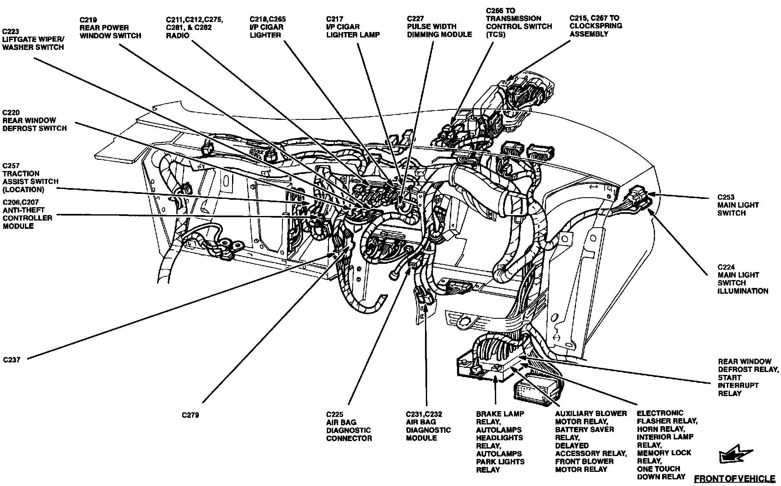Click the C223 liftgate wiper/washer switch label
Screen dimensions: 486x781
(33, 40)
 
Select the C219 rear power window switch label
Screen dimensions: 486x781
(110, 27)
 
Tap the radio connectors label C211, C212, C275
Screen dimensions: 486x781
(194, 27)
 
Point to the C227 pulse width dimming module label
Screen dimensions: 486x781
(439, 27)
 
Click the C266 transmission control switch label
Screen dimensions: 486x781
(519, 22)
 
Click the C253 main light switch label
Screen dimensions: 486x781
(738, 205)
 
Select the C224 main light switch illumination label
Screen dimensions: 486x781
(742, 279)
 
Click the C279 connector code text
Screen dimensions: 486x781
(190, 415)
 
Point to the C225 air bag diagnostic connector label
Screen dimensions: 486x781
(349, 426)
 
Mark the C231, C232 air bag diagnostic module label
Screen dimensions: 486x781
(428, 426)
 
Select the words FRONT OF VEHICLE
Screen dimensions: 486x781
(734, 479)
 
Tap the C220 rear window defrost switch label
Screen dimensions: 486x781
(35, 120)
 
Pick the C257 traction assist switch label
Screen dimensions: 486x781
(30, 177)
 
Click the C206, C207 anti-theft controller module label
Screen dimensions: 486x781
(27, 214)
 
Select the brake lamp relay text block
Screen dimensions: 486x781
(500, 441)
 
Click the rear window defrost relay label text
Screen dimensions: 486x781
(748, 377)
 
